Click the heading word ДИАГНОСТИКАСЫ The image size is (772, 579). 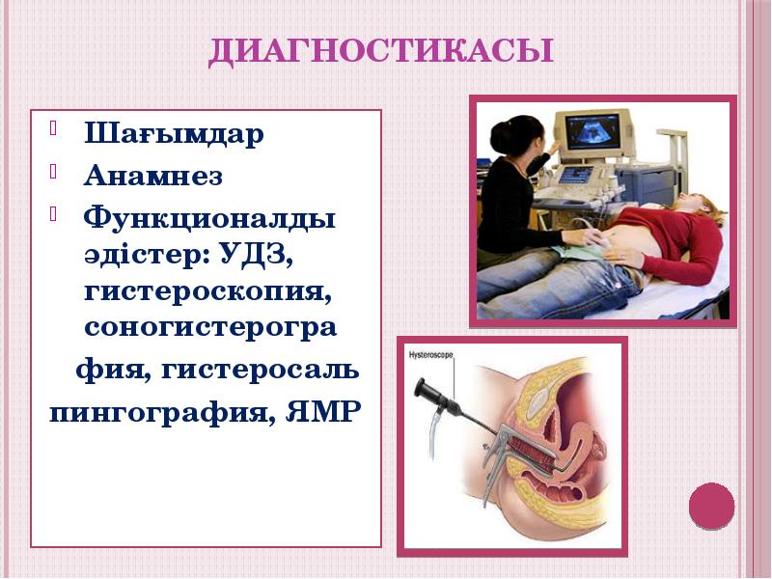381,50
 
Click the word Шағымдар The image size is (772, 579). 174,134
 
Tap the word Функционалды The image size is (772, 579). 210,219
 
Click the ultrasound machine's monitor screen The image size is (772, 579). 592,132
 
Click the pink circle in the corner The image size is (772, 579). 712,506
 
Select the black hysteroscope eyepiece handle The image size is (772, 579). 426,393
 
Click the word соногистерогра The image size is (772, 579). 210,328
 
